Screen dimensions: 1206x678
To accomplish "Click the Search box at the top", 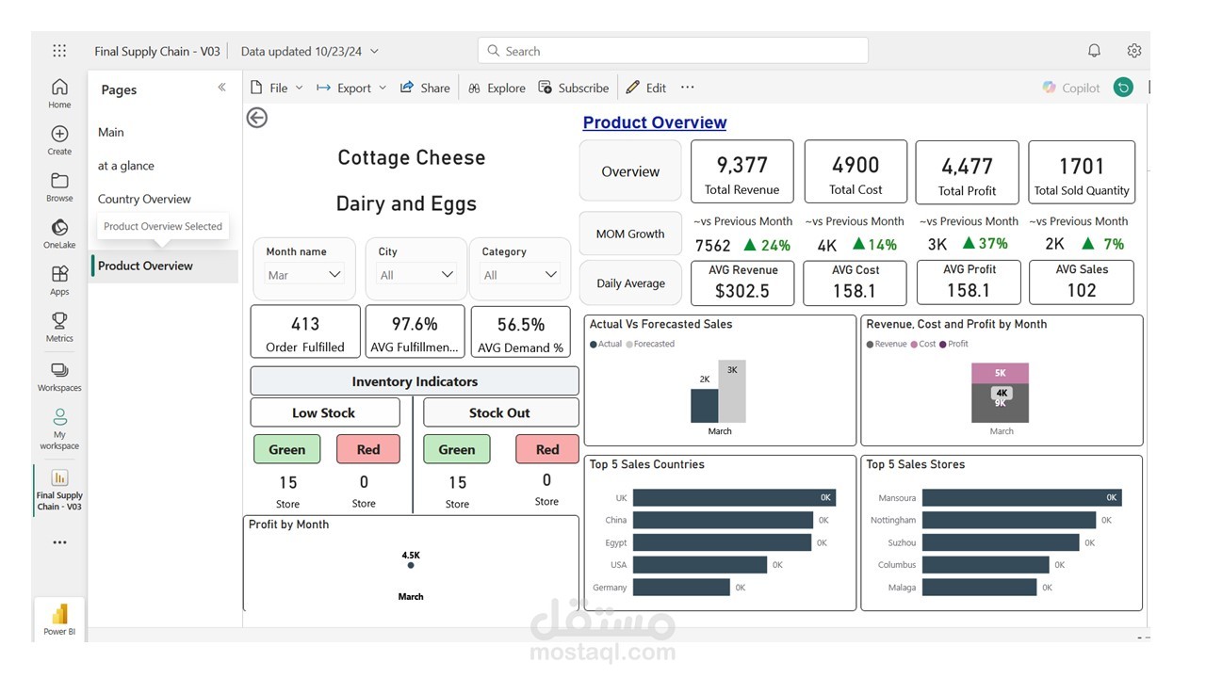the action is tap(673, 51).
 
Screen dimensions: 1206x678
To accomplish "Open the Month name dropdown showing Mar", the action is tap(304, 274).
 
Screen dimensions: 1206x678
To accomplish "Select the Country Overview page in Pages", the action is tap(144, 199).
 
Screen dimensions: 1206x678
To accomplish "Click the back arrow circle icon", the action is tap(257, 118).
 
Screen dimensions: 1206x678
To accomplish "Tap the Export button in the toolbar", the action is tap(351, 88).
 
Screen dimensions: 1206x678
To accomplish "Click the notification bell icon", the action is tap(1094, 51).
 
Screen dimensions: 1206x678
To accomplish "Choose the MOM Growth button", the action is tap(630, 234).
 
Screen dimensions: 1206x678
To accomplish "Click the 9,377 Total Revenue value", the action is tap(742, 165).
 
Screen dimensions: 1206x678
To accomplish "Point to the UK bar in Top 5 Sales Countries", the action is tap(734, 498).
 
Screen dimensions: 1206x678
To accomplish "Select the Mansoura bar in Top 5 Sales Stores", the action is tap(1022, 498).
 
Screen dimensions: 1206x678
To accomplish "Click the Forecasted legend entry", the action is tap(650, 344).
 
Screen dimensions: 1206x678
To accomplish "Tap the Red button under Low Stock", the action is tap(368, 449).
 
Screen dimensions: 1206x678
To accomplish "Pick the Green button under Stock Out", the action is tap(457, 449).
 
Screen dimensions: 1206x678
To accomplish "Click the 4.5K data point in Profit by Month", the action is tap(411, 566).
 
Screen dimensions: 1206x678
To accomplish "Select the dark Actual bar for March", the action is tap(704, 406).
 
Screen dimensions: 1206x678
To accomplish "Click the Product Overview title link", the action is tap(655, 122).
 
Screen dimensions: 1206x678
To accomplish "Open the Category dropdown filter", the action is tap(520, 274).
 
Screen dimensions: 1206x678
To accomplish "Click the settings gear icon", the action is tap(1134, 51).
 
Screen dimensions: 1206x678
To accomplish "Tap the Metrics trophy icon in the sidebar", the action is tap(59, 321).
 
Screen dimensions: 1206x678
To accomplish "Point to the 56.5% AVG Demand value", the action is tap(521, 325).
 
